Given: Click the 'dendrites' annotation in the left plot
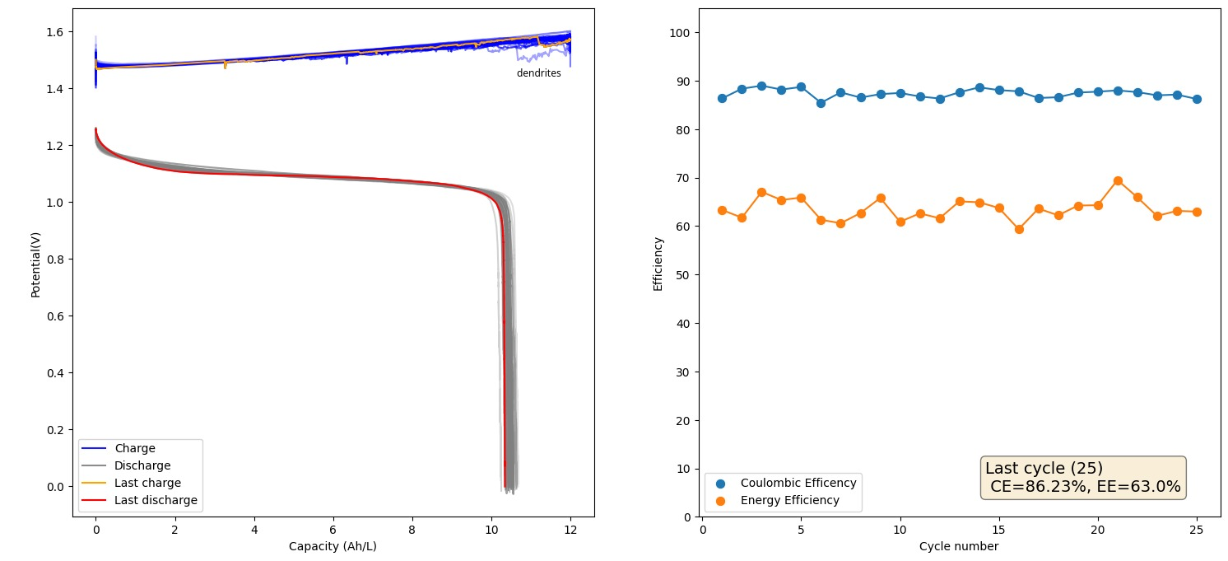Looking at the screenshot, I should (x=538, y=73).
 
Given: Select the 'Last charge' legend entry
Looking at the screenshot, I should (x=147, y=483).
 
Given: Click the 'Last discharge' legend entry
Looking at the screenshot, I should (x=156, y=500).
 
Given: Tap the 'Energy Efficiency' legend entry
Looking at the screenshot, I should (x=789, y=500).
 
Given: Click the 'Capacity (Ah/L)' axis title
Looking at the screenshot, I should (x=333, y=546).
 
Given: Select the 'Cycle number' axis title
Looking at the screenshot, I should (x=959, y=546).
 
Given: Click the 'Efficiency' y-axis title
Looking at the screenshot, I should (x=658, y=264).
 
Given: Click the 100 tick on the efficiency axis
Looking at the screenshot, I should (x=684, y=33).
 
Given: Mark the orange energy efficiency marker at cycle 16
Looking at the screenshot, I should (x=1019, y=229).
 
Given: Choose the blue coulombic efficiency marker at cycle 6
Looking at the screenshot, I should (x=821, y=103).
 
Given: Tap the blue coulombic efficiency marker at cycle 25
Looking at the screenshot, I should (x=1197, y=99).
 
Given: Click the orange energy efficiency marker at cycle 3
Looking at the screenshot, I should (x=761, y=192).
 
